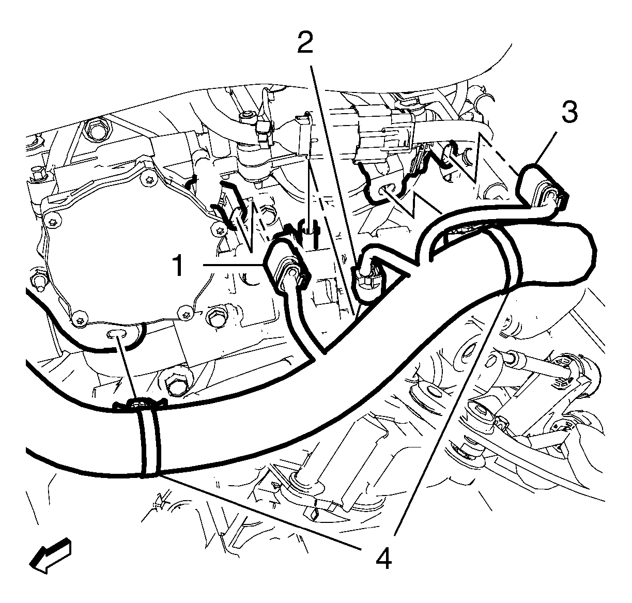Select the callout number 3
(x=569, y=111)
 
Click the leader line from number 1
(x=233, y=265)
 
